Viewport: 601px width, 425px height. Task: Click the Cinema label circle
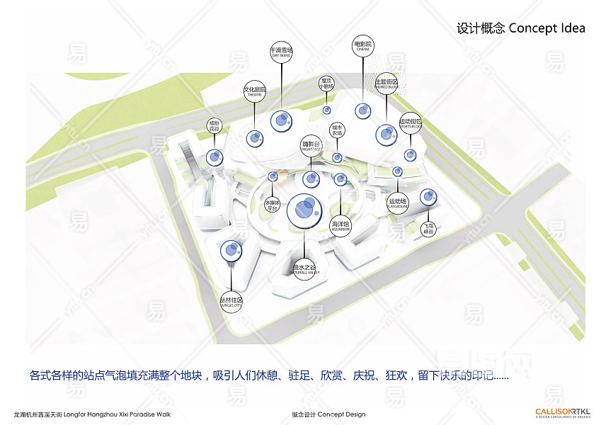click(362, 47)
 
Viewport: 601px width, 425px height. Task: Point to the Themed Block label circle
click(386, 83)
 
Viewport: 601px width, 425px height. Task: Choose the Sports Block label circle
click(411, 123)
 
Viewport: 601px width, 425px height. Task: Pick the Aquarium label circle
click(340, 226)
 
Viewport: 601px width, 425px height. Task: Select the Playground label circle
click(398, 203)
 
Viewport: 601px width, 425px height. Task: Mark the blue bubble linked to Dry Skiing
click(281, 121)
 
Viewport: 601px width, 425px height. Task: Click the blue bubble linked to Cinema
click(363, 110)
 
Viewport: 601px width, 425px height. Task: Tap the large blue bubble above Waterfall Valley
click(304, 208)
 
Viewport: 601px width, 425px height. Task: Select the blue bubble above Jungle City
click(230, 250)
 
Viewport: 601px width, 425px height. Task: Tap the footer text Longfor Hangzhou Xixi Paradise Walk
click(92, 414)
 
